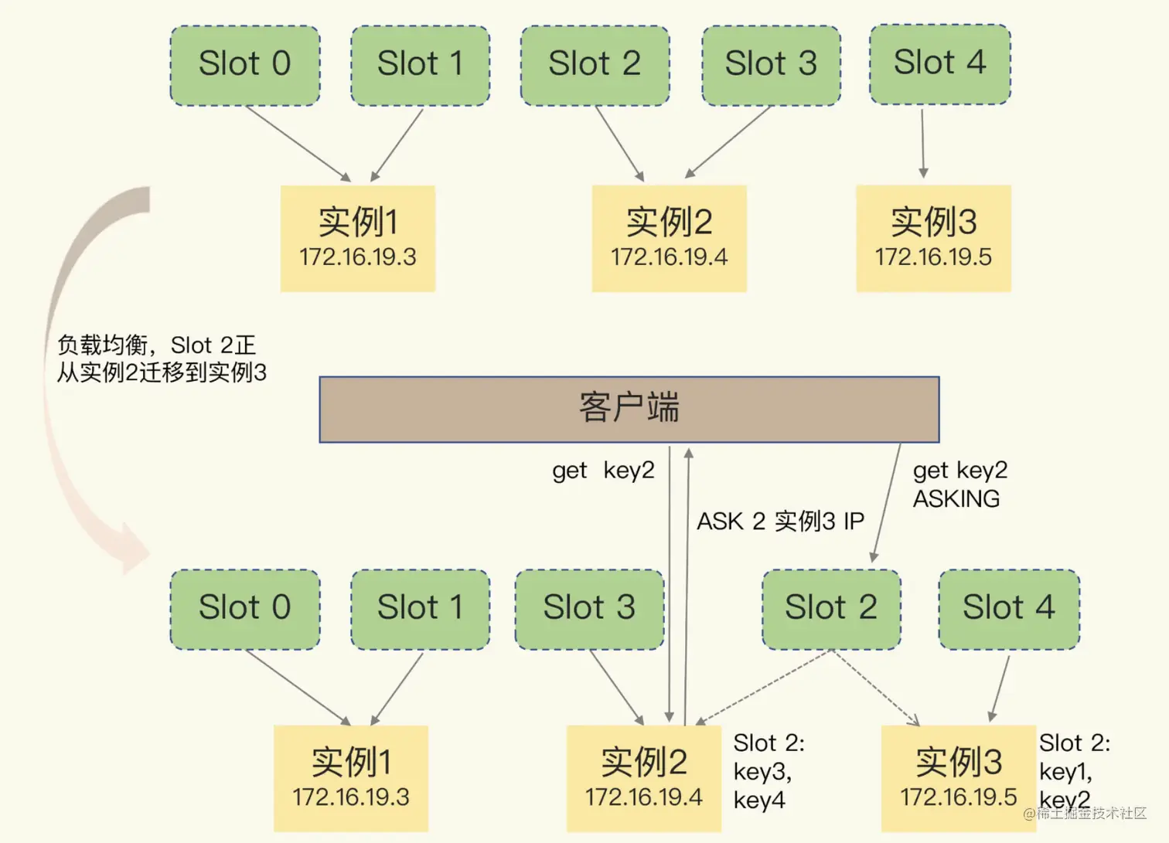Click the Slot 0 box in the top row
[x=244, y=65]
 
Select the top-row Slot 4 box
[x=939, y=64]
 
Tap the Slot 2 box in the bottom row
[x=831, y=609]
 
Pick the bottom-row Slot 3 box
[x=589, y=609]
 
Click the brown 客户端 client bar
[x=629, y=410]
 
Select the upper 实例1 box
[x=357, y=238]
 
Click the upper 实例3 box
[x=933, y=238]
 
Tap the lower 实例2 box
[x=643, y=777]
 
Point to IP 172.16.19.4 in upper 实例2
[x=669, y=257]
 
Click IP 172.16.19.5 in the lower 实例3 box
[x=958, y=797]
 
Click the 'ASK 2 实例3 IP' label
[x=780, y=522]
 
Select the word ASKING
[x=956, y=499]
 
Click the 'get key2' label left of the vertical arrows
[x=603, y=471]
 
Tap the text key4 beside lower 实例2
[x=759, y=800]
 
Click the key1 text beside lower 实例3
[x=1065, y=771]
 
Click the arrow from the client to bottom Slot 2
[x=887, y=502]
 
